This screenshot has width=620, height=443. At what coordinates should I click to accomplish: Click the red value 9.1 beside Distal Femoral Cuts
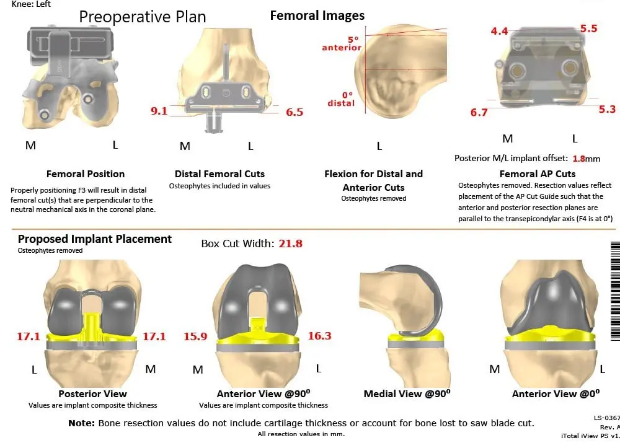(x=159, y=112)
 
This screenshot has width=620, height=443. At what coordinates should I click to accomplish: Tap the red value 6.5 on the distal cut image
(x=294, y=112)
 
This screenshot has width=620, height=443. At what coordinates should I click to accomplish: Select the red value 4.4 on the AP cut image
(x=499, y=30)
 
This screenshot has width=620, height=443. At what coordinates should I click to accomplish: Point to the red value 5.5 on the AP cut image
(x=589, y=29)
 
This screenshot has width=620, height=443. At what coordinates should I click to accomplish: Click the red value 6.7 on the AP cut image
(x=479, y=112)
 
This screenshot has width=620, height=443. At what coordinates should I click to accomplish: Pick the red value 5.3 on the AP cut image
(x=607, y=109)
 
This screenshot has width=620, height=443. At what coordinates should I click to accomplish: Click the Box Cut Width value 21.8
(x=290, y=243)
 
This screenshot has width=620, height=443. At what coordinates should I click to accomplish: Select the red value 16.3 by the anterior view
(x=319, y=336)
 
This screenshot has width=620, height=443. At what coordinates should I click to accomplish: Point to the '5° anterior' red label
(x=342, y=43)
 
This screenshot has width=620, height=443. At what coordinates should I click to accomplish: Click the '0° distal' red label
(x=341, y=99)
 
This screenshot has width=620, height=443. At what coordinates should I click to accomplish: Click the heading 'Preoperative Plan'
(x=143, y=17)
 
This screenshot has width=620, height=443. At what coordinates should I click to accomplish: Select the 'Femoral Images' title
(x=317, y=15)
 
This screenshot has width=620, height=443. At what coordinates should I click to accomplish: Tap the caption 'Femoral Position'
(x=86, y=174)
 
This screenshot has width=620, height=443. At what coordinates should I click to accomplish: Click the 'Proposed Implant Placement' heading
(x=95, y=239)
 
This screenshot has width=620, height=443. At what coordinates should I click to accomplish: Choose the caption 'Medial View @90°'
(x=407, y=393)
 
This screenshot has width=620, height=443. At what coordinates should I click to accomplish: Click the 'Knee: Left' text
(x=32, y=4)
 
